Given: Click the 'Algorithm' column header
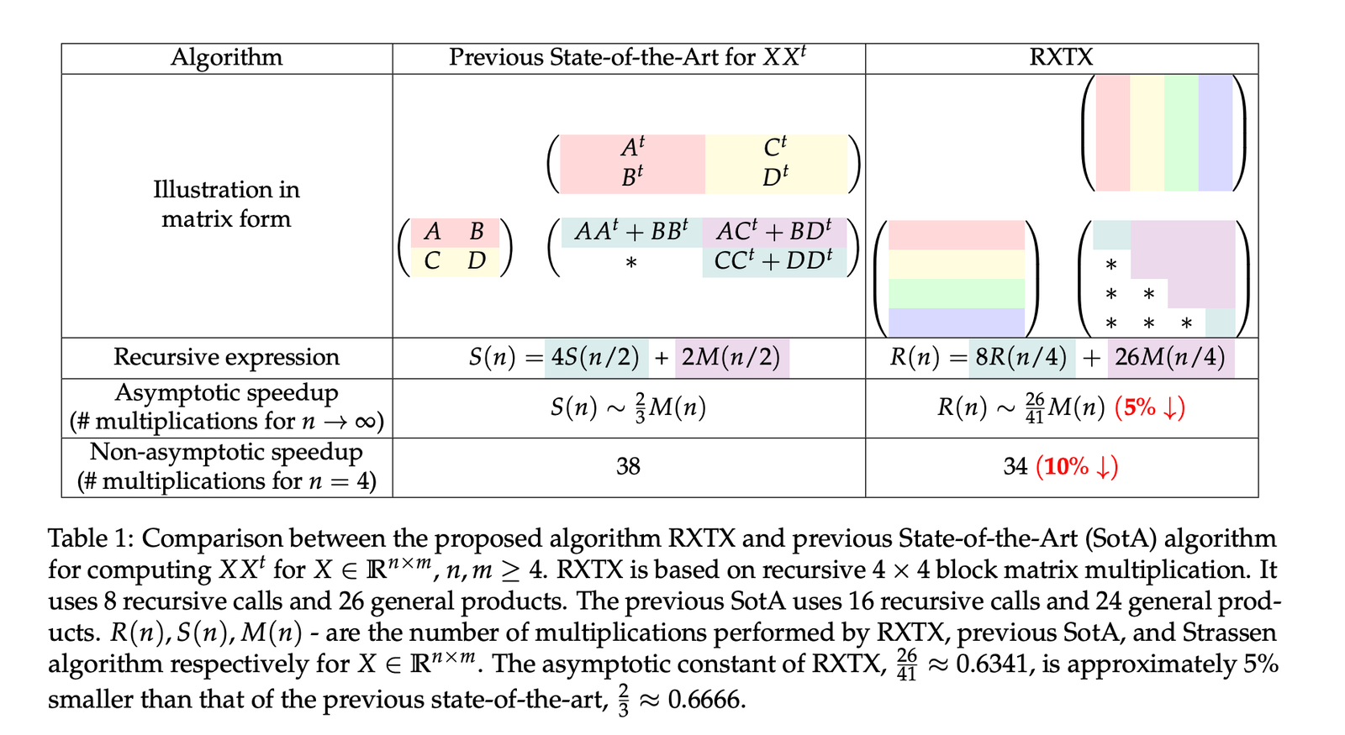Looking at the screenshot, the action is tap(226, 58).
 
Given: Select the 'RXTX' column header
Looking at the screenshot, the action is tap(1061, 58).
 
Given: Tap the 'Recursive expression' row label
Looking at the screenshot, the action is tap(226, 357).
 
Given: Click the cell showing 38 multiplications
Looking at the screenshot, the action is tap(628, 467).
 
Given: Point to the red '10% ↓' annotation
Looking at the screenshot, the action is tap(1077, 467).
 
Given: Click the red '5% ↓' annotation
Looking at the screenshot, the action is tap(1150, 408).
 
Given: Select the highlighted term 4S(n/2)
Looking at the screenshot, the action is tap(596, 358).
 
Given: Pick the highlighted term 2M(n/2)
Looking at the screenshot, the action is tap(731, 358).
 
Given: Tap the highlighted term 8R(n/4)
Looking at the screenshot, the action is tap(1021, 358).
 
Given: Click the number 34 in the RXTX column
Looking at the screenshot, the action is tap(1015, 467).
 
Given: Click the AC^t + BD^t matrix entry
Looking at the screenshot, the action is tap(774, 231).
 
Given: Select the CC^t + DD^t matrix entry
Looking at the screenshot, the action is tap(773, 260).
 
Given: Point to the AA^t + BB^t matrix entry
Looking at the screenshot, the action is tap(631, 231).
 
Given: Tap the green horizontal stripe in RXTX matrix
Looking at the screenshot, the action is tap(957, 293).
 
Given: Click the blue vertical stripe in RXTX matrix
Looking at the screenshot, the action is tap(1216, 134).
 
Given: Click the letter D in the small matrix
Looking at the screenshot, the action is tap(476, 261).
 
